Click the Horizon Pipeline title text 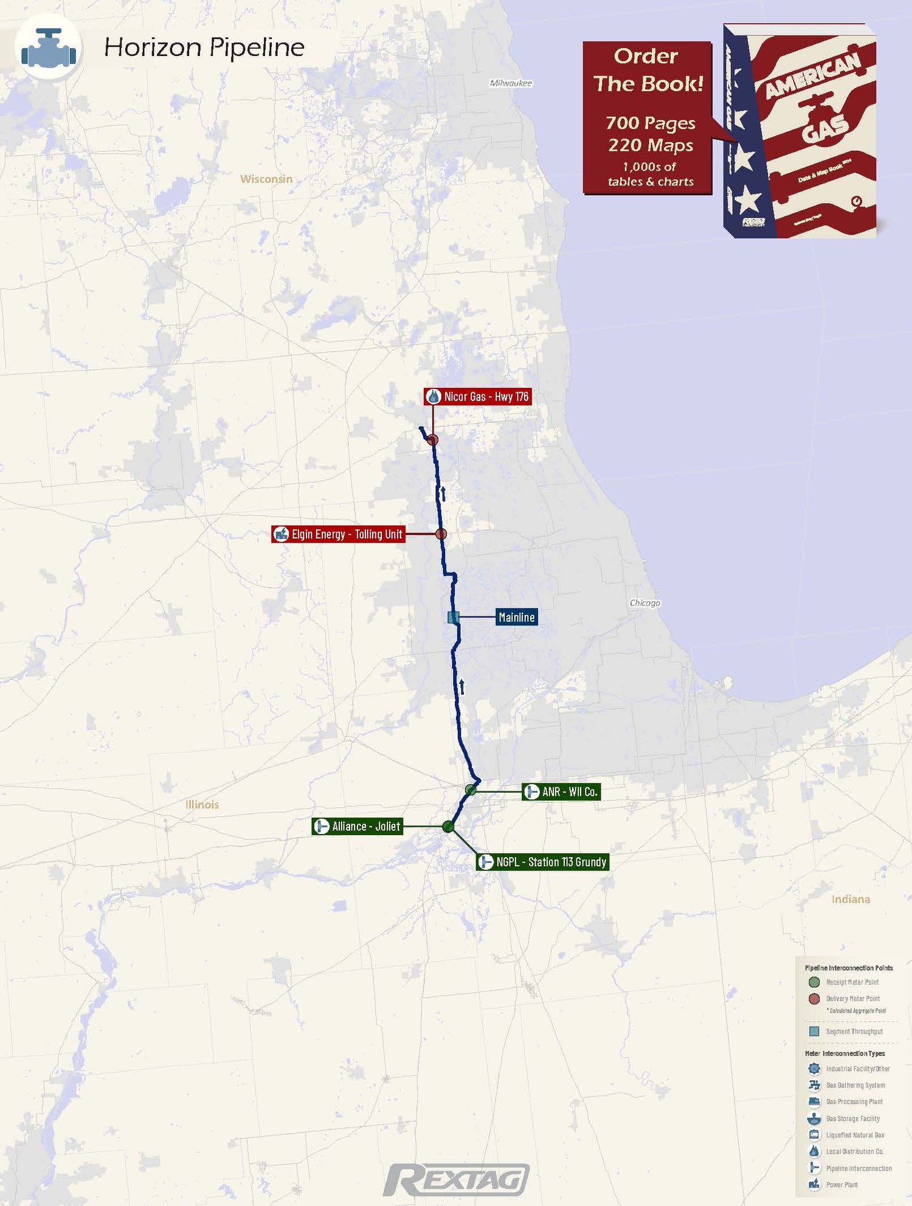204,47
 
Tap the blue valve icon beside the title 49,48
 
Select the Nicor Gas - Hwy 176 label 477,397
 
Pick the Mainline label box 516,618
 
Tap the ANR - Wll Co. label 561,792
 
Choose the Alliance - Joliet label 358,827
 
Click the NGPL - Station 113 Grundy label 542,862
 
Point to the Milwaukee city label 511,83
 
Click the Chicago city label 644,603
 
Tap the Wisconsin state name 266,179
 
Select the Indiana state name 851,900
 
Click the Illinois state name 202,805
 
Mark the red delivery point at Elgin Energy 441,534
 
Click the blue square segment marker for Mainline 453,618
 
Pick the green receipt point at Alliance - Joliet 448,827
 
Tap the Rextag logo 456,1180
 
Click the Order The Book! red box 648,118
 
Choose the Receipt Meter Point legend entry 852,982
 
